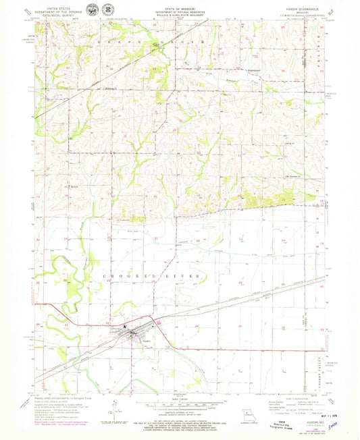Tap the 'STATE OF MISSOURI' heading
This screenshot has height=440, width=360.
(x=180, y=8)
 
